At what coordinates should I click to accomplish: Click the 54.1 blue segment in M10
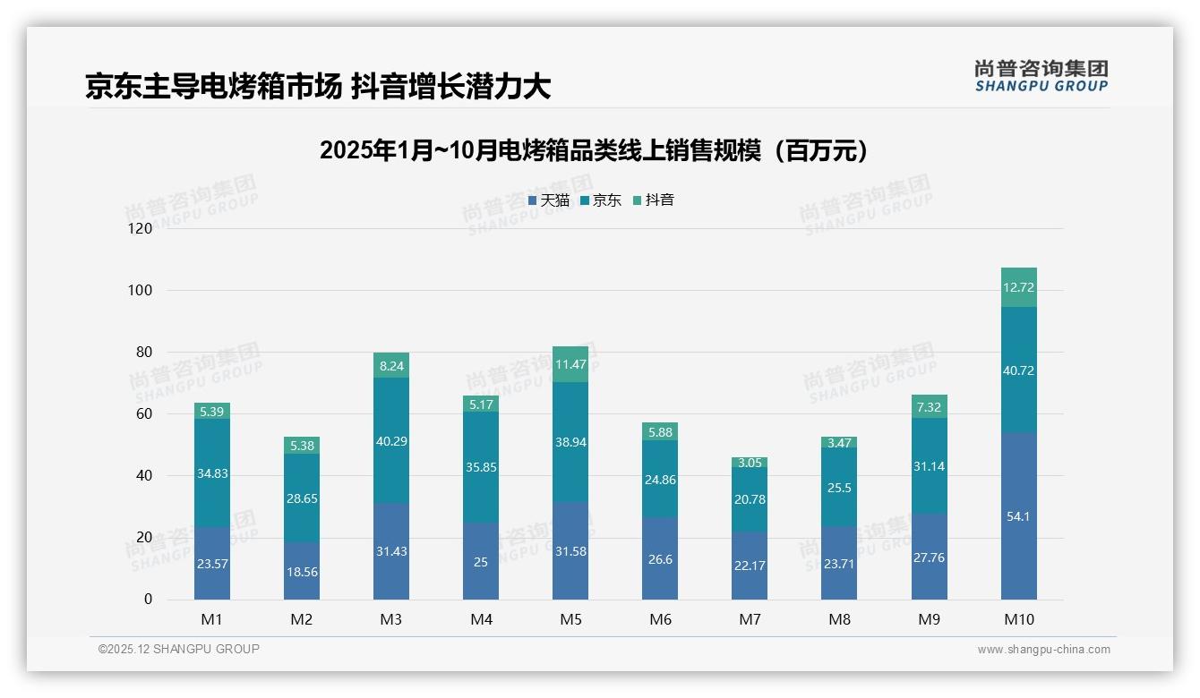click(1018, 516)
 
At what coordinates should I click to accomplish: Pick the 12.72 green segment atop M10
click(1018, 287)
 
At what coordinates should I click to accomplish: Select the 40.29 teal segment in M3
click(391, 440)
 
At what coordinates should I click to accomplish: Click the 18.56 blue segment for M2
click(302, 571)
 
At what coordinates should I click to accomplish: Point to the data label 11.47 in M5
click(570, 364)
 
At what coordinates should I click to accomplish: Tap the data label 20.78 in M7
click(750, 499)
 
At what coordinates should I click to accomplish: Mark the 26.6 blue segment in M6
click(660, 558)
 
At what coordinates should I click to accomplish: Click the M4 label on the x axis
click(481, 619)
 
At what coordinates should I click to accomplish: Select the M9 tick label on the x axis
click(929, 619)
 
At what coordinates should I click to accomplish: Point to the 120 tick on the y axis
click(141, 228)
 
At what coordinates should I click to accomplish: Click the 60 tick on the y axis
click(143, 413)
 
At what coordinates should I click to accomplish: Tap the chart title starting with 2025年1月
click(594, 150)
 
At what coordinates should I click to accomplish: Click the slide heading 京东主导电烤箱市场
click(317, 86)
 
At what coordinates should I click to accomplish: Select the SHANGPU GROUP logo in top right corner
click(1041, 76)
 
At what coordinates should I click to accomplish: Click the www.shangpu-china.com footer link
click(1043, 650)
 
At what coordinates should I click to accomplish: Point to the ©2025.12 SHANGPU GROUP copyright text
click(179, 649)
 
